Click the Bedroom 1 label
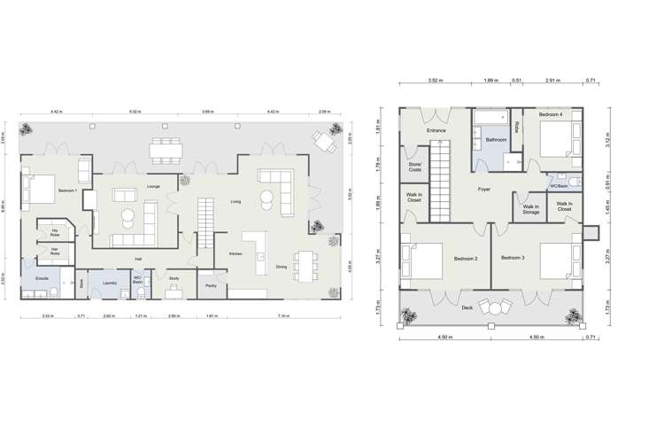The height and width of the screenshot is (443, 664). [68, 190]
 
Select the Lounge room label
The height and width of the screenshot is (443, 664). [153, 187]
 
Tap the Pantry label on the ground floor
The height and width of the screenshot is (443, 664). [211, 285]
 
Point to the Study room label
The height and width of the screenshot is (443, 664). [174, 278]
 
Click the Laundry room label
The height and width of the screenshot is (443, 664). [110, 283]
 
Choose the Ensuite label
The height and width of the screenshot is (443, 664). [42, 278]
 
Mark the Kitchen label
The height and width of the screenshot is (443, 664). [236, 254]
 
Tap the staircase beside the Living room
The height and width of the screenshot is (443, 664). [205, 216]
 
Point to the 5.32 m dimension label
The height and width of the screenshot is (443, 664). [135, 113]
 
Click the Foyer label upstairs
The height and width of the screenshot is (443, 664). [484, 189]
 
